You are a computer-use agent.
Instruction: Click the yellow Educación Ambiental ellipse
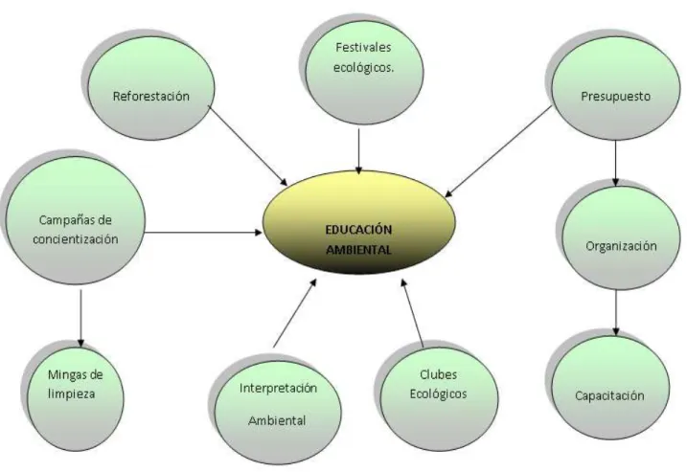359,223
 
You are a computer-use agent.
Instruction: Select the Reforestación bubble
151,89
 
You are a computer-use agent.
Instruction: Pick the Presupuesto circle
615,89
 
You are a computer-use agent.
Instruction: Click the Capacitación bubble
610,388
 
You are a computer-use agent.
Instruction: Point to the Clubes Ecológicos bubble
440,398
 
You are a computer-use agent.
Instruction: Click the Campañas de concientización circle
76,220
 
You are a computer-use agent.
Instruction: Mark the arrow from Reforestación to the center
247,146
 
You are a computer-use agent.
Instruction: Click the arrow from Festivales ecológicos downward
359,151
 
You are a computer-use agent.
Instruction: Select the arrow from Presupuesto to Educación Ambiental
498,151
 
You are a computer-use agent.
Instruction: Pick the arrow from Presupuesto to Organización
615,164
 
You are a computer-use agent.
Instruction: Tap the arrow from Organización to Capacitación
615,313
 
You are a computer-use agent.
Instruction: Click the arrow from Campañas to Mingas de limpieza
80,319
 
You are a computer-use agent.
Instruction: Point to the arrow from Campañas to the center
204,232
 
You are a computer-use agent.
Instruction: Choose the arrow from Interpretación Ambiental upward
295,313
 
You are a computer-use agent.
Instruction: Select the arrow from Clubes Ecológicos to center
412,313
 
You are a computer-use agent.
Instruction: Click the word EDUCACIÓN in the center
359,230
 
